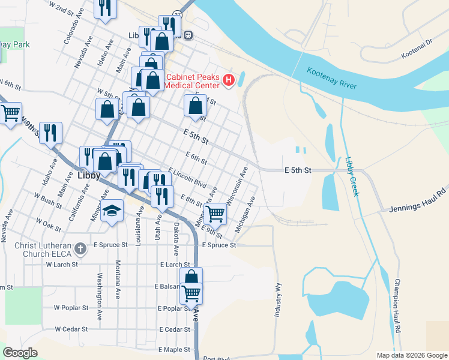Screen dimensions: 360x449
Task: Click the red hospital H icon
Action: tap(228, 79)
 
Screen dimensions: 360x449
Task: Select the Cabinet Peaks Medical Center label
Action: tap(193, 81)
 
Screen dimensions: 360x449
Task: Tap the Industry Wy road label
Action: tap(279, 300)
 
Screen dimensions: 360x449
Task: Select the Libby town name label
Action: tap(88, 176)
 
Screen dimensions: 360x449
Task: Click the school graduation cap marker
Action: tap(111, 211)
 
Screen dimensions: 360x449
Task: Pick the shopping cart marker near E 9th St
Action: tap(215, 211)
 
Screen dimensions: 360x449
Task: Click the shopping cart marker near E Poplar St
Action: tap(191, 293)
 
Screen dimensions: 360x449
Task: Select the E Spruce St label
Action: tap(218, 245)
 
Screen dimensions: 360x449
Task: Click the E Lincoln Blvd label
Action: tap(187, 177)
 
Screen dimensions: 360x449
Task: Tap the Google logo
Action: tap(20, 353)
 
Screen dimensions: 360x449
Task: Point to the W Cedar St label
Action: tap(71, 329)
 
